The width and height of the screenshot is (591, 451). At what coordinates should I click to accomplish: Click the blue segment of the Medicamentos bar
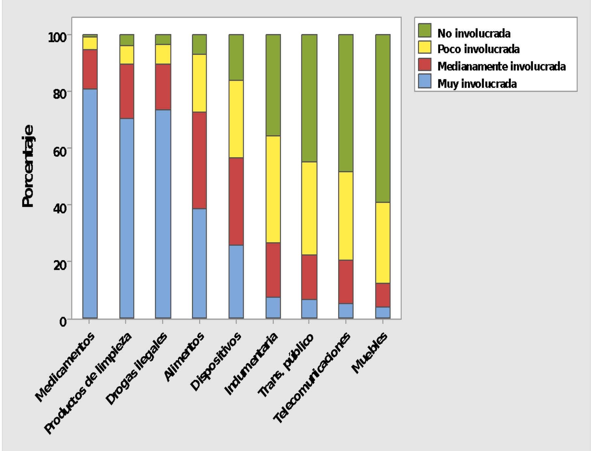click(90, 203)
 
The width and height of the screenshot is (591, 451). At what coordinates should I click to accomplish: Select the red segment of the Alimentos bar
click(199, 160)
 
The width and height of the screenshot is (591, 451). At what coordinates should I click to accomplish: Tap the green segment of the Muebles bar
click(383, 118)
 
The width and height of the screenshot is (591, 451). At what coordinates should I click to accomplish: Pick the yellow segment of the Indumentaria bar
click(273, 189)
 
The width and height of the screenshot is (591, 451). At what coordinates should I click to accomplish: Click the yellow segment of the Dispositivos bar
click(236, 119)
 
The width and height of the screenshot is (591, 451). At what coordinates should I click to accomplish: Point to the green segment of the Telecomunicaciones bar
click(346, 103)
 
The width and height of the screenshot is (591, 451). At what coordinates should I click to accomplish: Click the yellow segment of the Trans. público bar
click(309, 208)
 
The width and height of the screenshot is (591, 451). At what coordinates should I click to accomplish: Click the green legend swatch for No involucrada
click(425, 30)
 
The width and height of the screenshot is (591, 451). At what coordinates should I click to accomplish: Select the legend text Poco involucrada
click(478, 49)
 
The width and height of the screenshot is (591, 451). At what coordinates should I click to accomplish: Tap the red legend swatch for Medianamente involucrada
click(425, 65)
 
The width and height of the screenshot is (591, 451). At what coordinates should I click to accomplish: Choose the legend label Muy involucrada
click(477, 84)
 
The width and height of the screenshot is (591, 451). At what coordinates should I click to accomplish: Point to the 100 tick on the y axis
click(58, 37)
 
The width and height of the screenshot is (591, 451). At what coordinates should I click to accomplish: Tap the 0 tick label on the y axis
click(63, 322)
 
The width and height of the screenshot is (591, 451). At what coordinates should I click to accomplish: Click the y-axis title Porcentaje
click(28, 166)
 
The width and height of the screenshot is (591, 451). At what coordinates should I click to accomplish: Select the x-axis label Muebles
click(370, 353)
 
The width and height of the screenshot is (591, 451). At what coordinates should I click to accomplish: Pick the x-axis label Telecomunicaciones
click(312, 378)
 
